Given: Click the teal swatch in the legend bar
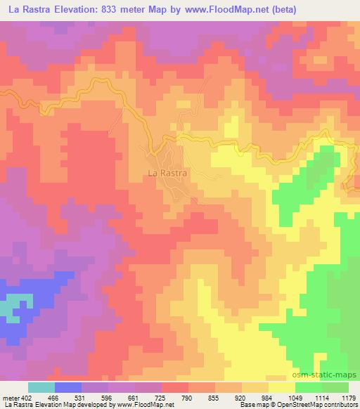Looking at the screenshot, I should coord(41,387).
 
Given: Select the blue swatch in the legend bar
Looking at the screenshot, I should coord(68,387).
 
